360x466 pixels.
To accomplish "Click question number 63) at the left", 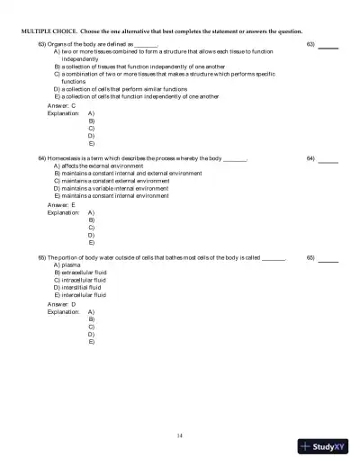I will [x=42, y=43].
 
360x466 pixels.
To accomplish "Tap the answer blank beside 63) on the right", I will [x=328, y=45].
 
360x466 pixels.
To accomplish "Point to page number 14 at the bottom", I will [x=181, y=435].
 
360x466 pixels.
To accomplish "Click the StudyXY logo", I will [x=324, y=447].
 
